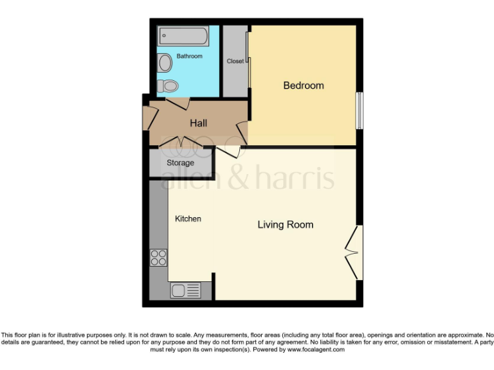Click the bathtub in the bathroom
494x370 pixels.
(x=183, y=36)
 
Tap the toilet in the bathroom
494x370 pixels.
(x=170, y=85)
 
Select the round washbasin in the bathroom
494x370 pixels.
(x=165, y=63)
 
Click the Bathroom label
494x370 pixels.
(x=190, y=57)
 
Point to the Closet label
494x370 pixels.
(x=235, y=62)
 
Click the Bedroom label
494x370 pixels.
(x=304, y=85)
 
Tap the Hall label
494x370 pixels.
(x=198, y=123)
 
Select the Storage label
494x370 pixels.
(x=180, y=163)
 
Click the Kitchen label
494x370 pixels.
(x=188, y=219)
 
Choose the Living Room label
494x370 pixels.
(x=285, y=225)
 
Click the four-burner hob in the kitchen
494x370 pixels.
(x=158, y=258)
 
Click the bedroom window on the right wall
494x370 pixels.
(x=360, y=110)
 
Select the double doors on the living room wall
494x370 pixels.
(x=353, y=253)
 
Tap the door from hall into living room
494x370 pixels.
(x=230, y=152)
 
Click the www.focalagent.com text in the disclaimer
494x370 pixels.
(x=316, y=350)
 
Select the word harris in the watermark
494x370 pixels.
(x=302, y=177)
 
